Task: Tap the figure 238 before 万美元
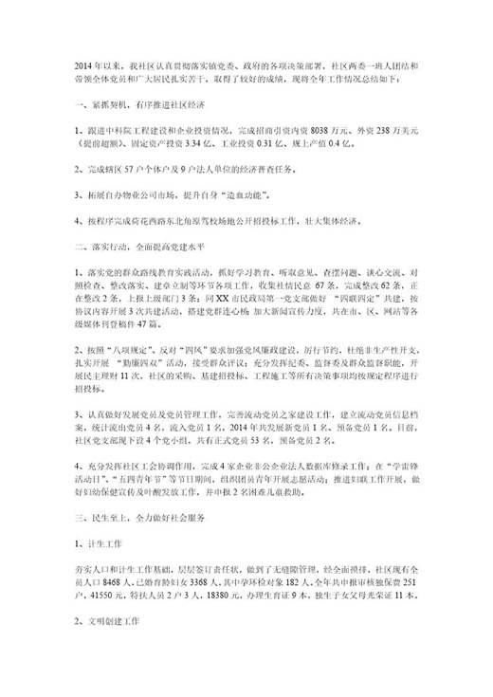click(385, 128)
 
